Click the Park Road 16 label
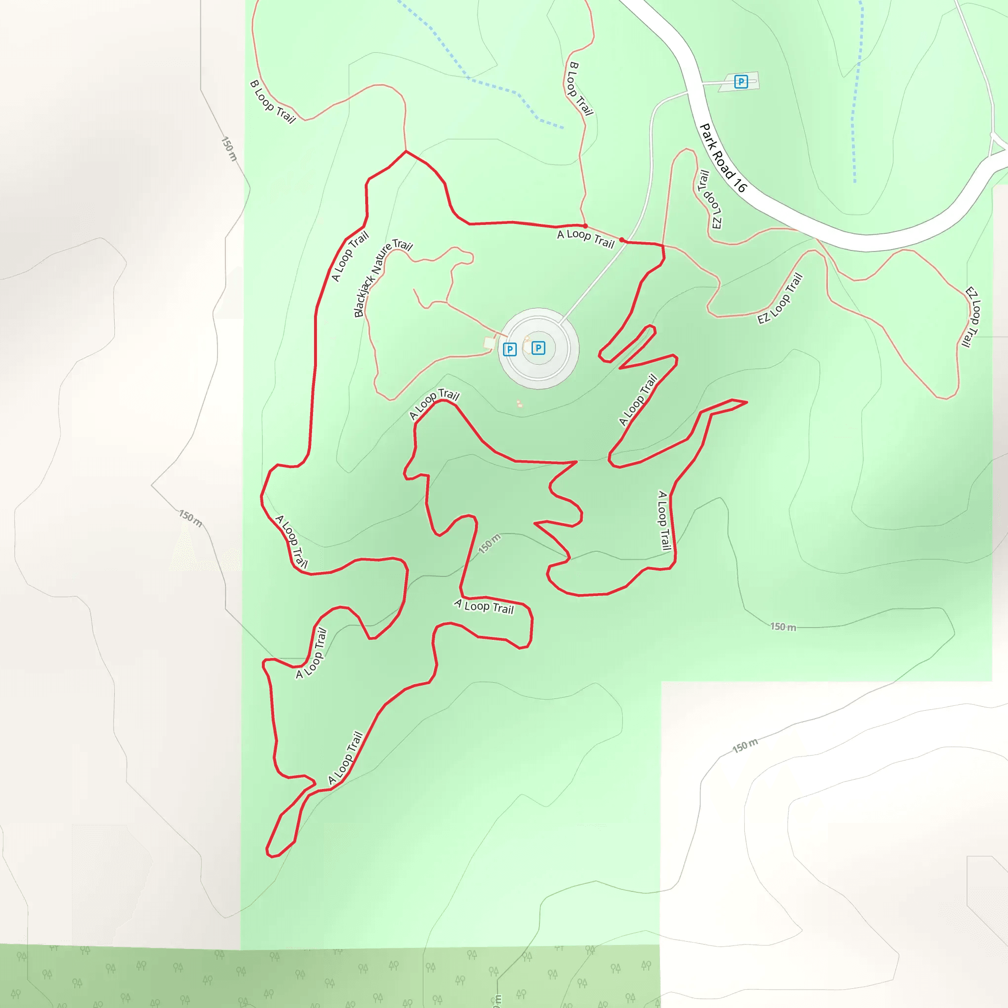(723, 157)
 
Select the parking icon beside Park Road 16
(741, 81)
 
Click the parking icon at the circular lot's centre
(538, 348)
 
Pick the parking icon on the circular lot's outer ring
(510, 349)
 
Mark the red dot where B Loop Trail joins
(585, 226)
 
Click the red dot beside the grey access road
(622, 240)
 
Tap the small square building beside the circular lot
(489, 343)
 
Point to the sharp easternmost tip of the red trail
(747, 402)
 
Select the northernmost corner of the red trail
(407, 151)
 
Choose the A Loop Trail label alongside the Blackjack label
(349, 256)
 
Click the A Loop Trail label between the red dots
(586, 238)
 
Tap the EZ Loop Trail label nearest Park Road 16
(710, 199)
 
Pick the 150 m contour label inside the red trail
(489, 544)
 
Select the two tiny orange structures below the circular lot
(519, 403)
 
